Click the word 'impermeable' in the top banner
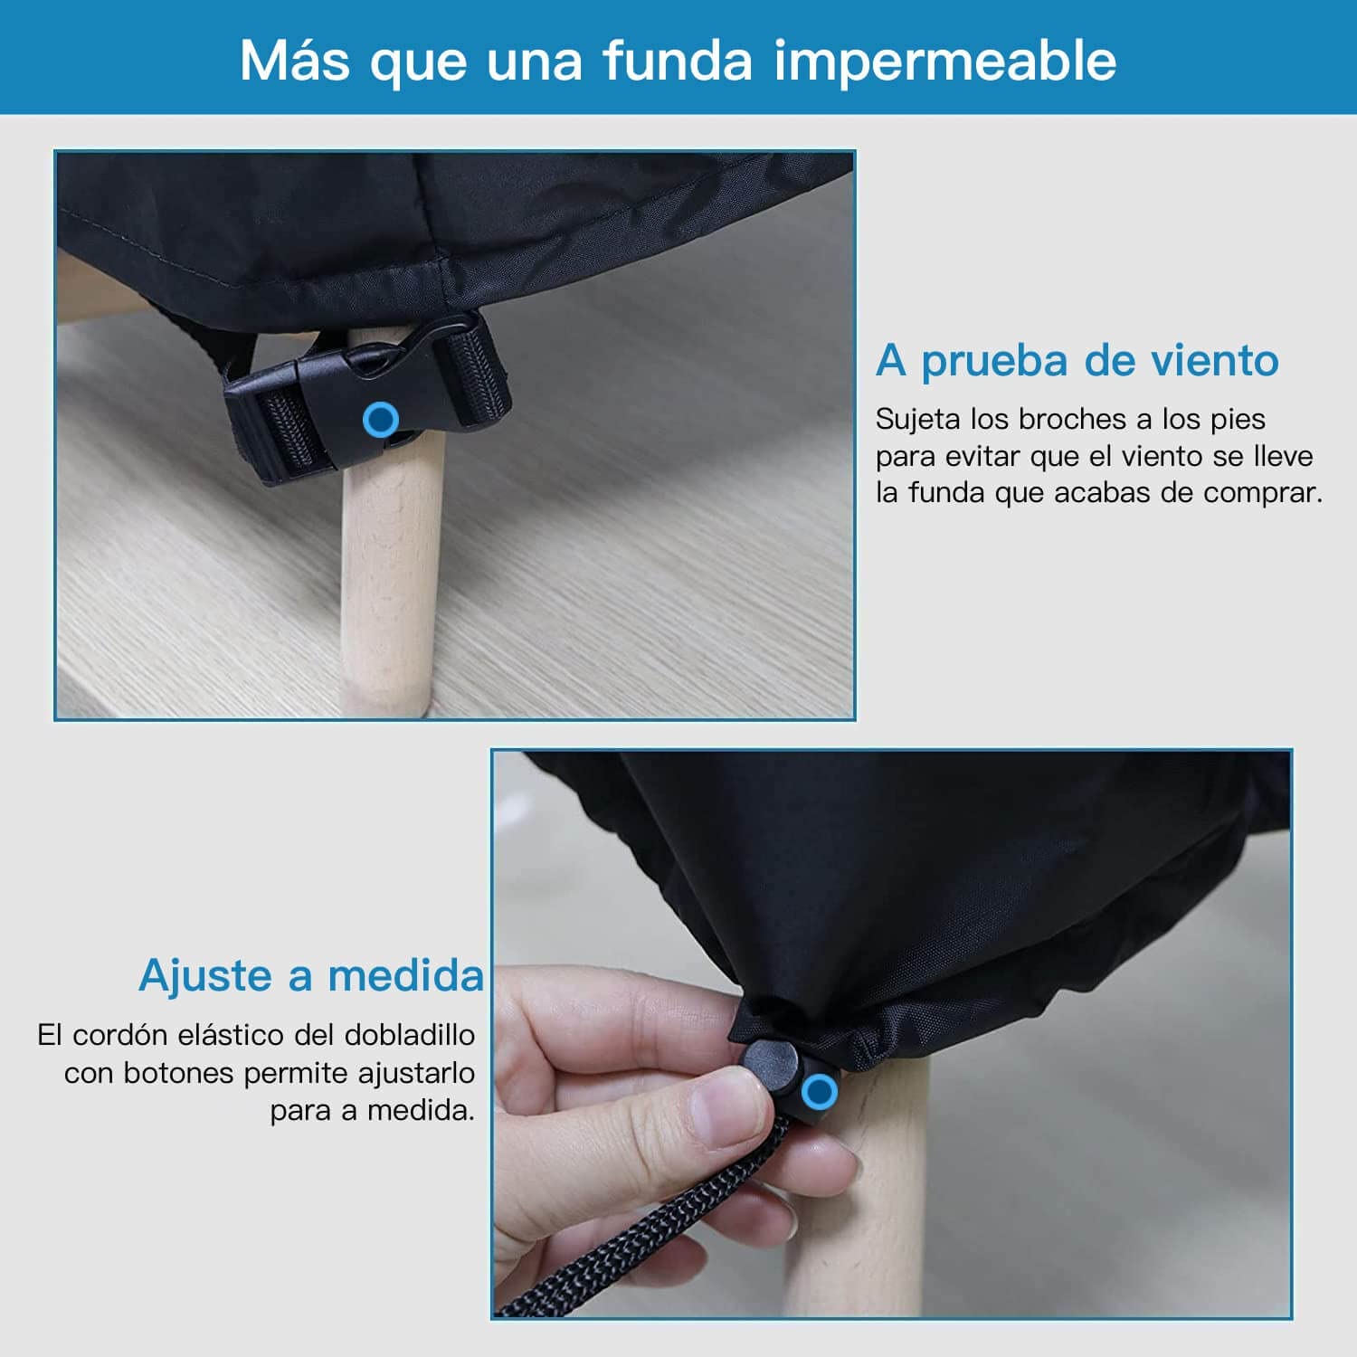tap(944, 62)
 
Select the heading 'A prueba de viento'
tap(1077, 360)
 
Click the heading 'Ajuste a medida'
tap(311, 975)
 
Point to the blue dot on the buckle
tap(381, 420)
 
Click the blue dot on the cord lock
tap(820, 1091)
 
